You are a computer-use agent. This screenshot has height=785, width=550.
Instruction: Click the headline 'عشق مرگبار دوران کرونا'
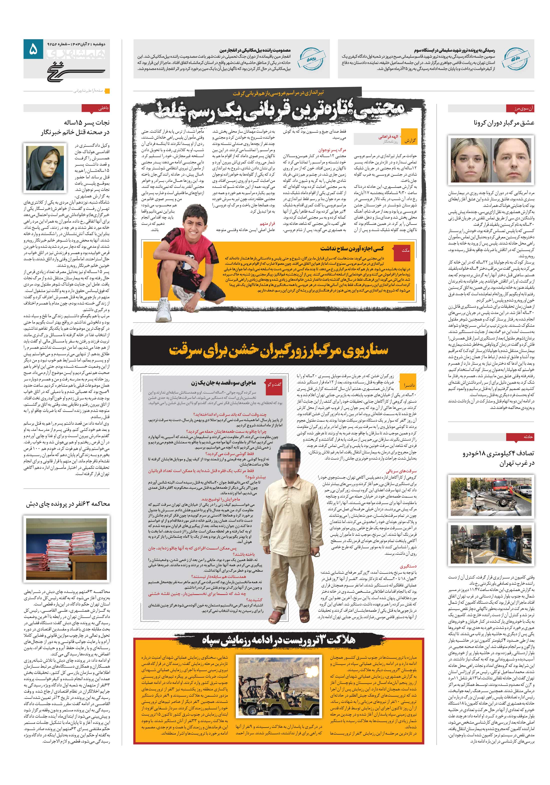pyautogui.click(x=504, y=123)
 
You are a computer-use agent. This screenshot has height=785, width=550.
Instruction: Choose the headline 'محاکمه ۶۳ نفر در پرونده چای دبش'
pyautogui.click(x=68, y=504)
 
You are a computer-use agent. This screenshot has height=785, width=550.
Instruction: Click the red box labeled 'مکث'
pyautogui.click(x=405, y=250)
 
